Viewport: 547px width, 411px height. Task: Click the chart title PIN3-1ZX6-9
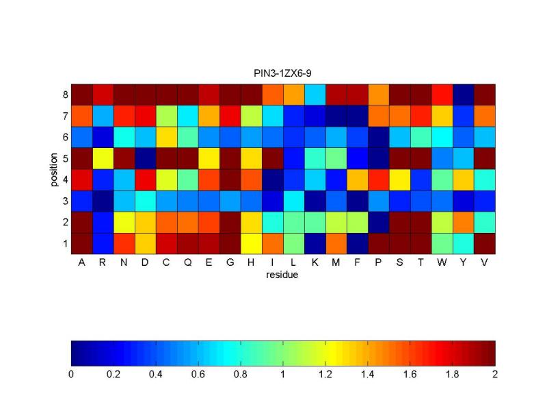(x=282, y=72)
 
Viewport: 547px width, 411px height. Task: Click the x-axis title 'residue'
(x=282, y=275)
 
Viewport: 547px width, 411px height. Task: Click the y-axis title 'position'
(x=54, y=169)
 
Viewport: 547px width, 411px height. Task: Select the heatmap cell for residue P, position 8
(x=378, y=94)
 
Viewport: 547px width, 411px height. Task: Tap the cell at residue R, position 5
(x=103, y=158)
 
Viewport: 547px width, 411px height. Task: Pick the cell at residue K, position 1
(x=315, y=243)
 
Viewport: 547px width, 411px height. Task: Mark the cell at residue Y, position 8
(x=464, y=94)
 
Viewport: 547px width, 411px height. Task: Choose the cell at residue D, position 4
(x=145, y=179)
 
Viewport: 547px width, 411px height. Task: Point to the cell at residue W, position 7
(x=442, y=115)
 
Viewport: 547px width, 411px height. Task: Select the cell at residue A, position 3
(x=81, y=201)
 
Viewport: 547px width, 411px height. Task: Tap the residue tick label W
(x=442, y=263)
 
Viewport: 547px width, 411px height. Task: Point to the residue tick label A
(x=81, y=263)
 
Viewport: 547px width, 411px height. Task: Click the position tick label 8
(x=64, y=95)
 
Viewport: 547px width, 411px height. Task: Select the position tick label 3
(x=64, y=201)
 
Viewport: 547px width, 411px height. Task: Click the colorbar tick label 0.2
(x=114, y=375)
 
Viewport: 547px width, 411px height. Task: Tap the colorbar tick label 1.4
(x=368, y=375)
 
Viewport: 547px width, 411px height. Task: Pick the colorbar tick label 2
(x=495, y=375)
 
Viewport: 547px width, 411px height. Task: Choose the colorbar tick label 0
(x=71, y=375)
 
